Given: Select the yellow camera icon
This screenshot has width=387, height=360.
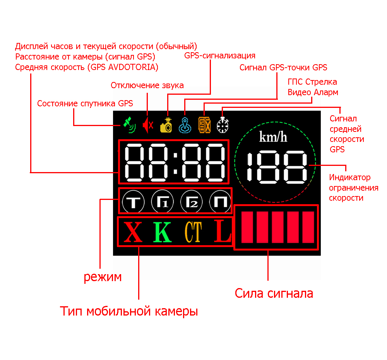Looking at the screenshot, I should tap(166, 125).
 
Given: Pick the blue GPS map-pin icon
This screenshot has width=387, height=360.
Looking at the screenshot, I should tap(185, 125).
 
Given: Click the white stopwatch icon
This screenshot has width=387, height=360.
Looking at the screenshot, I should tap(223, 125).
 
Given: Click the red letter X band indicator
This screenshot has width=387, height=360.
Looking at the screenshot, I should tap(133, 232).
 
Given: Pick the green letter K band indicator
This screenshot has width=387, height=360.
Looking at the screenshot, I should tap(163, 232).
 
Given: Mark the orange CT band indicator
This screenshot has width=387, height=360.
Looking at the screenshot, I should tap(193, 232).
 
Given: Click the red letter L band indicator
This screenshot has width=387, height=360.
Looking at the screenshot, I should tap(223, 231).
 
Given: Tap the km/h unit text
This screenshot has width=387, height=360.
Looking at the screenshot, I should tap(273, 137).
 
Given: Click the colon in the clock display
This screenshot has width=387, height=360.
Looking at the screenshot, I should tap(175, 162).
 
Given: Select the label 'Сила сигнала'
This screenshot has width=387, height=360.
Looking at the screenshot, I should tap(274, 293).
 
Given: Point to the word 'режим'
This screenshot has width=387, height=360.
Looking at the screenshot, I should tap(103, 277).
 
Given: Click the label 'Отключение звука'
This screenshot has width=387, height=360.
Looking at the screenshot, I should tap(147, 85).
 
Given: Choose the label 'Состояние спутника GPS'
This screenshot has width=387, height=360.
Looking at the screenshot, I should tap(85, 104).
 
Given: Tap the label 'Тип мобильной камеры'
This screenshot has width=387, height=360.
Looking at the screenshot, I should tap(129, 311).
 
